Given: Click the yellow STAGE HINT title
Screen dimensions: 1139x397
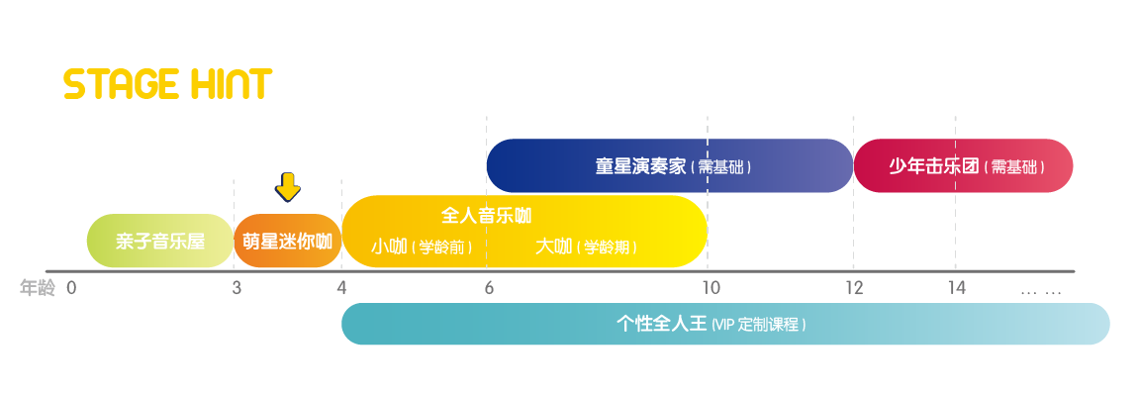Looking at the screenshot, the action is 168,84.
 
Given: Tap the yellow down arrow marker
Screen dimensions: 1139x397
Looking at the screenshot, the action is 288,187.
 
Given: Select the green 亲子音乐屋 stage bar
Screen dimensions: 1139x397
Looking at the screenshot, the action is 160,241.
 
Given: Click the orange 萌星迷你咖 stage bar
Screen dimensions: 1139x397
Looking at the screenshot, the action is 288,241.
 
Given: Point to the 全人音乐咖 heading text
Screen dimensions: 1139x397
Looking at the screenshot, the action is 486,215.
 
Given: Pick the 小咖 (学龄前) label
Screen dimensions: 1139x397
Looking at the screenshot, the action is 422,248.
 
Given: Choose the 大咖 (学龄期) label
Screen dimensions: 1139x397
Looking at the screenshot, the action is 586,248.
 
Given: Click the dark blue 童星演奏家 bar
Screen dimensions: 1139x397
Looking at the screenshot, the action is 670,165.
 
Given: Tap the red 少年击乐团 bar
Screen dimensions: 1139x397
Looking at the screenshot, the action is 963,165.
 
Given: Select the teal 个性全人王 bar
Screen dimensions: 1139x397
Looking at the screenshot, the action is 725,324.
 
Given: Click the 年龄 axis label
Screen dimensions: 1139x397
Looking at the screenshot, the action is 37,289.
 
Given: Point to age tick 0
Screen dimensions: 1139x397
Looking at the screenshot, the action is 71,288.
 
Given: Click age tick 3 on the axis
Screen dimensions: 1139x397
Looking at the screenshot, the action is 237,288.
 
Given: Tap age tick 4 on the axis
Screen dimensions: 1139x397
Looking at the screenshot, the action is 342,288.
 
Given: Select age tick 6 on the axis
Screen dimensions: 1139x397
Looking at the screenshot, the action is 489,288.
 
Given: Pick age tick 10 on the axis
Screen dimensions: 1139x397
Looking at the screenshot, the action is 712,288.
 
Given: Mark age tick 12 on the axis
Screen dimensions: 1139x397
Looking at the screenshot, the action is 854,288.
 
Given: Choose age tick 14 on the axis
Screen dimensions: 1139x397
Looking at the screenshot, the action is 957,288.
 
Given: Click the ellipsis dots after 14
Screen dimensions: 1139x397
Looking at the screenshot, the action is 1041,292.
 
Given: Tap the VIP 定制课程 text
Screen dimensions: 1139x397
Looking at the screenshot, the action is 759,325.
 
